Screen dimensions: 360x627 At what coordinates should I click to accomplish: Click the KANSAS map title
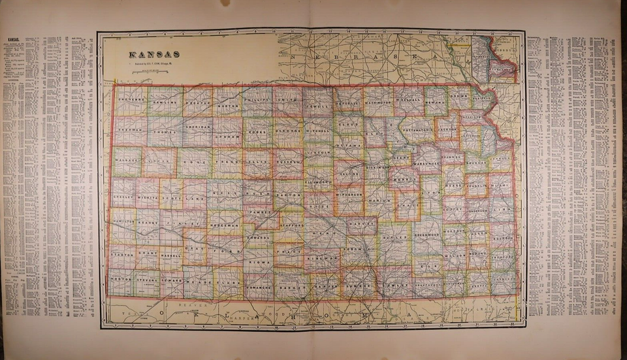pyautogui.click(x=146, y=54)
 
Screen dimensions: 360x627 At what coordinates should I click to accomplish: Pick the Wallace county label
pyautogui.click(x=126, y=159)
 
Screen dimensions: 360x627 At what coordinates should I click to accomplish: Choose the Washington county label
pyautogui.click(x=378, y=103)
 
